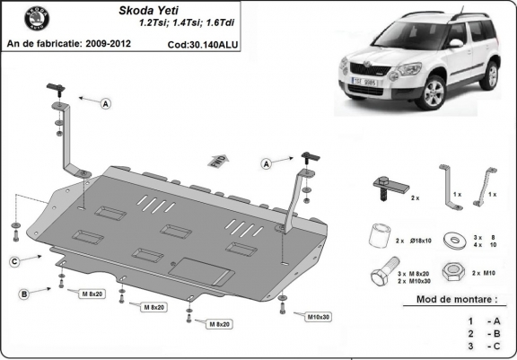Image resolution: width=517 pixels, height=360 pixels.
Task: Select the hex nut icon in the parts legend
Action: pyautogui.click(x=454, y=270)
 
